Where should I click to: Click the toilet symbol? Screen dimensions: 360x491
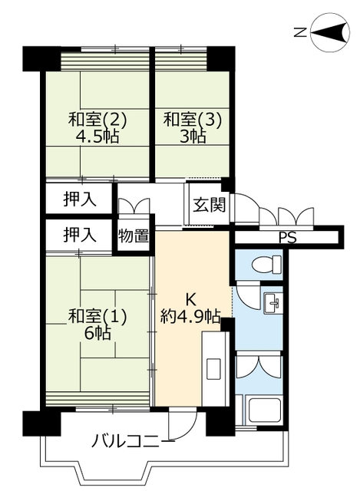(x=266, y=264)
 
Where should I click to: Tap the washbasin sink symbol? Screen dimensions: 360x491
(x=272, y=303)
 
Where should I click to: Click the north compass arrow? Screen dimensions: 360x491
(x=329, y=32)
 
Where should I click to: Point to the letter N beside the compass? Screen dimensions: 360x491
(x=300, y=32)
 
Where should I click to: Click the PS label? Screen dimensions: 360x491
(x=288, y=238)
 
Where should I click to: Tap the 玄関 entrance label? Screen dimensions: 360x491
(x=209, y=205)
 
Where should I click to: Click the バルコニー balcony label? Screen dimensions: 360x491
(x=133, y=440)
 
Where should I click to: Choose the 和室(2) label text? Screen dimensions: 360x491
(x=97, y=120)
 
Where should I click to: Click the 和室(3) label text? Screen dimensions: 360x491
(x=193, y=120)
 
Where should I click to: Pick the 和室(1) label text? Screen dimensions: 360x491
(x=97, y=316)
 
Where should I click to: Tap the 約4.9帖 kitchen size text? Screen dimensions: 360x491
(x=191, y=316)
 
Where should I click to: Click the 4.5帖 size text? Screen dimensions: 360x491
(x=97, y=137)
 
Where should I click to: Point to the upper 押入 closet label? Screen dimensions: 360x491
(x=80, y=199)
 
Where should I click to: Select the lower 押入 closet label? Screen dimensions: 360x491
(x=80, y=235)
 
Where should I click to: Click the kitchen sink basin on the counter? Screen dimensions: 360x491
(x=214, y=370)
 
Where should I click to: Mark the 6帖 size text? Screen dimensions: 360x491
(x=97, y=334)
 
